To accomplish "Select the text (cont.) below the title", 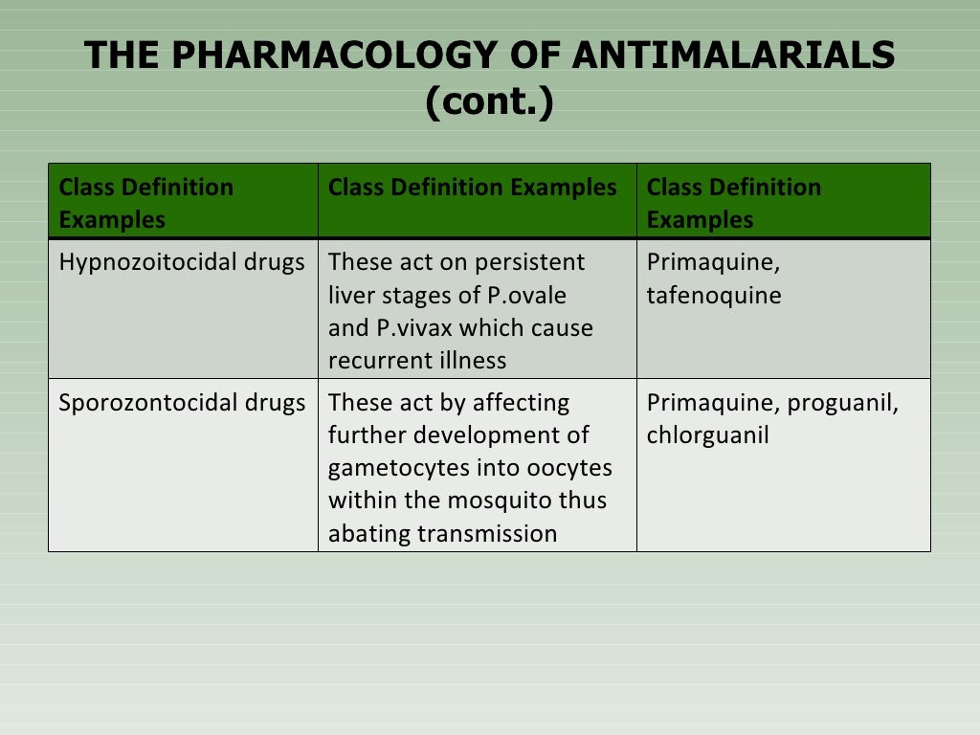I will [489, 102].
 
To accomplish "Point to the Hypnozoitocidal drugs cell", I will [182, 262].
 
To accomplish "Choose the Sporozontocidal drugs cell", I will [182, 403].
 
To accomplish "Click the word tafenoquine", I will [714, 296].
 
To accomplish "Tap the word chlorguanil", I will [708, 435].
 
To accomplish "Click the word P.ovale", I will [525, 296].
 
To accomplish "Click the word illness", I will [472, 361].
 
